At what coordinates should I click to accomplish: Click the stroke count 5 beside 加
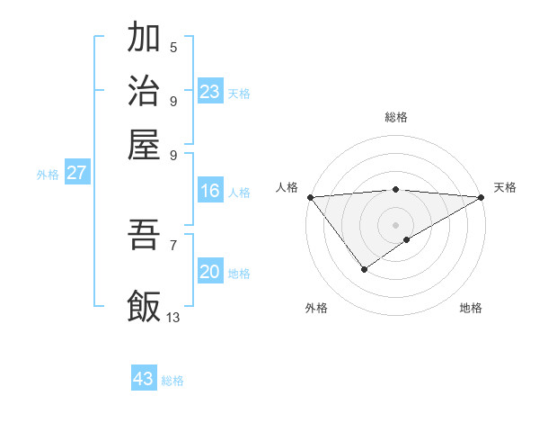[x=173, y=47]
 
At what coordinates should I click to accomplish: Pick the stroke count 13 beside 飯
[x=173, y=317]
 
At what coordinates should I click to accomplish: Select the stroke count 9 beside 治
[x=173, y=101]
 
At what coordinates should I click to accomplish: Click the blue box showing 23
[x=210, y=91]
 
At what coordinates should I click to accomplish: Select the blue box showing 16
[x=210, y=191]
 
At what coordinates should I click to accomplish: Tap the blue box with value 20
[x=210, y=272]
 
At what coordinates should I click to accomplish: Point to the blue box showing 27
[x=76, y=173]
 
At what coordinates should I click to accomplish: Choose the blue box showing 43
[x=144, y=379]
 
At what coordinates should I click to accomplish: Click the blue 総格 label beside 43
[x=173, y=381]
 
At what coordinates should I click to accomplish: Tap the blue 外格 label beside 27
[x=48, y=175]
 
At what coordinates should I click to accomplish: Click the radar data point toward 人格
[x=310, y=197]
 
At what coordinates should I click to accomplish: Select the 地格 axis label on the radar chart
[x=471, y=308]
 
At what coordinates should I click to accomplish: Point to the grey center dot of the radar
[x=395, y=224]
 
